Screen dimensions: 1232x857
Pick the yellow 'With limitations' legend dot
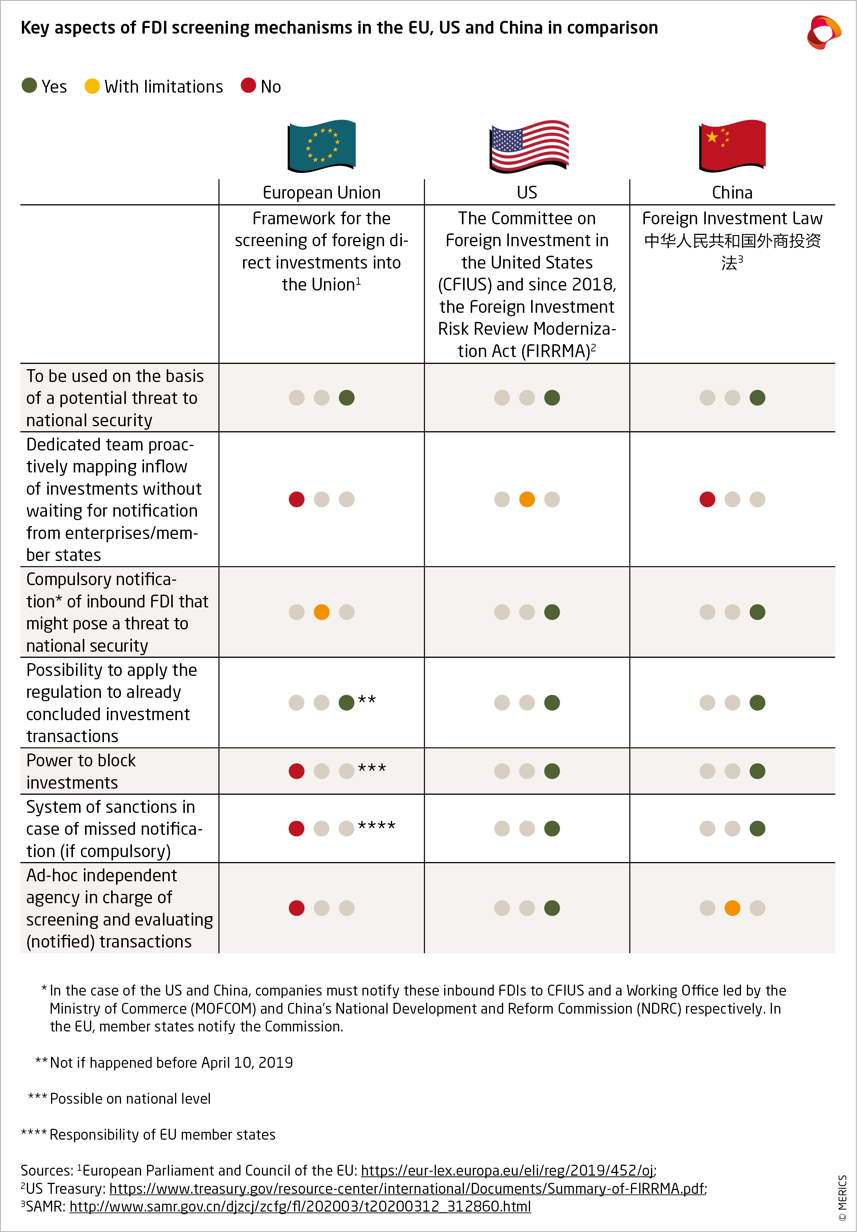coord(92,86)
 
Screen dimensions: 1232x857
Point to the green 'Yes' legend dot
coord(29,86)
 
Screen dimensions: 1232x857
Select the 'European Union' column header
coord(321,193)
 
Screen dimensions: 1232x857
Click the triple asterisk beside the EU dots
coord(372,768)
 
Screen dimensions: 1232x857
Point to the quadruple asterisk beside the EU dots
coord(377,826)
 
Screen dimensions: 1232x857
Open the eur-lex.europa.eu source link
coord(507,1171)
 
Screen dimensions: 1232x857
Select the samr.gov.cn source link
coord(300,1207)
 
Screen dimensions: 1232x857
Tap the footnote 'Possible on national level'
coord(130,1099)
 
